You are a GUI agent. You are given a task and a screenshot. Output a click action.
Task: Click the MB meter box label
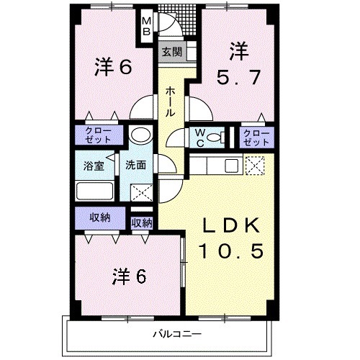click(145, 26)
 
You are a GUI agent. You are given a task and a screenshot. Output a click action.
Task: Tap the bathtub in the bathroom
click(94, 192)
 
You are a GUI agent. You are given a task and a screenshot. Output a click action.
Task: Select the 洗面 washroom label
click(135, 165)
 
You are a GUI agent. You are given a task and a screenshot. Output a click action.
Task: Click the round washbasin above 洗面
click(140, 135)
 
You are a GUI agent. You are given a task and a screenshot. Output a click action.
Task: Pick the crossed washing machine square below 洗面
click(141, 192)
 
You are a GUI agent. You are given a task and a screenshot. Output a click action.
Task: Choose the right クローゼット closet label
click(256, 137)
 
